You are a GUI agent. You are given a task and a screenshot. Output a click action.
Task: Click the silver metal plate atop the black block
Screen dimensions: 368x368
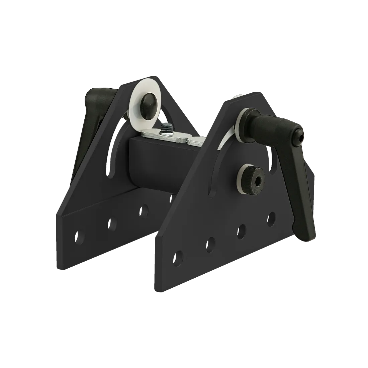pyautogui.click(x=174, y=137)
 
